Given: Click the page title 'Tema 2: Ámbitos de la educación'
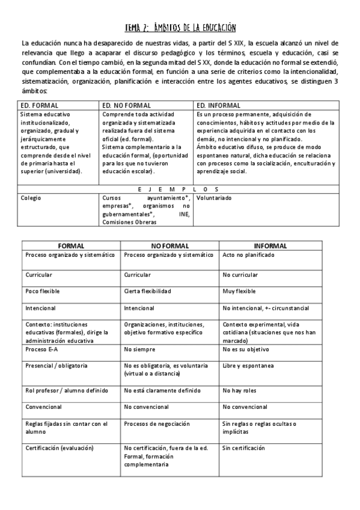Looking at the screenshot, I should (180, 28).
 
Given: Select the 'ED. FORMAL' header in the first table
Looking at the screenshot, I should (36, 105).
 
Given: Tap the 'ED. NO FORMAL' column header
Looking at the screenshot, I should (126, 105).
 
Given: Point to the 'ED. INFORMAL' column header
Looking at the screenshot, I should (219, 105).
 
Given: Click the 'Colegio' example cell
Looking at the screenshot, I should (31, 197).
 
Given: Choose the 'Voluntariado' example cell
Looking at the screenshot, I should (214, 197).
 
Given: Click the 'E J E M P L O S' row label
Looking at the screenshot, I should (180, 187).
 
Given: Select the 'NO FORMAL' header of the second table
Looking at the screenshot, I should (169, 246).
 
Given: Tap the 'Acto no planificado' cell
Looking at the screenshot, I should (248, 255).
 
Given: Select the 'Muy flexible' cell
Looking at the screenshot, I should (239, 291).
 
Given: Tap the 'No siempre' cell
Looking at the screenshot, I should (139, 349).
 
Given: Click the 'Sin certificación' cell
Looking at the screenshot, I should (243, 449).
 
